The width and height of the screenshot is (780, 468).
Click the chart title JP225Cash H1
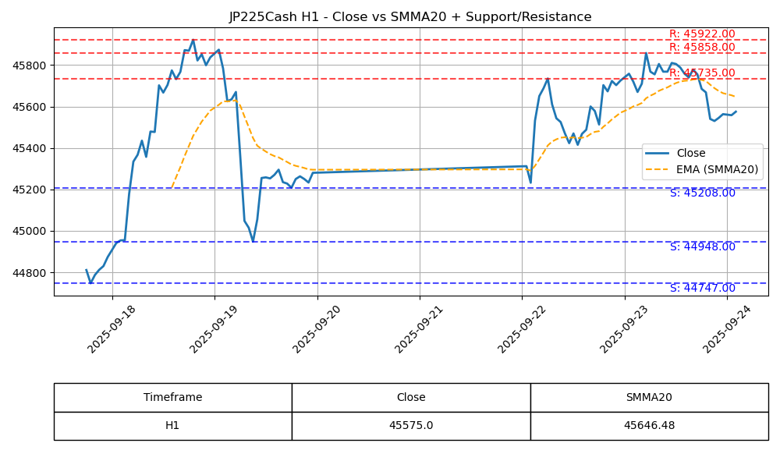[x=409, y=17]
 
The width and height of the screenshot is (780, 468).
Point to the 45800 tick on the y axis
[x=31, y=65]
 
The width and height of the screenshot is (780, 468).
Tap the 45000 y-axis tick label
[x=31, y=231]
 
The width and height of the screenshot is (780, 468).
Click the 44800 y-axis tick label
[x=31, y=273]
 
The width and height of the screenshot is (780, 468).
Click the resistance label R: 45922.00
[x=702, y=34]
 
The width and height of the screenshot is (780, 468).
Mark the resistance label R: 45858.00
[x=702, y=48]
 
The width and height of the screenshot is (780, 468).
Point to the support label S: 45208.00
[x=702, y=193]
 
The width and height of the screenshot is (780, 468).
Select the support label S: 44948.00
[x=702, y=247]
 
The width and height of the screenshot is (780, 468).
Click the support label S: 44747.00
[x=702, y=289]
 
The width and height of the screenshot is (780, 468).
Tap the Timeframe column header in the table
[x=172, y=398]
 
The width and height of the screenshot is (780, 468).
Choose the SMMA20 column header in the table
[x=649, y=398]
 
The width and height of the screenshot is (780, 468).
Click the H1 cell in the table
[x=172, y=426]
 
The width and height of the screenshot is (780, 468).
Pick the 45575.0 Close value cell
[x=411, y=426]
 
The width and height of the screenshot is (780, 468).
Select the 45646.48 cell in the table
[x=649, y=426]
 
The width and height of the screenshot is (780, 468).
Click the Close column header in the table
[x=411, y=398]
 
